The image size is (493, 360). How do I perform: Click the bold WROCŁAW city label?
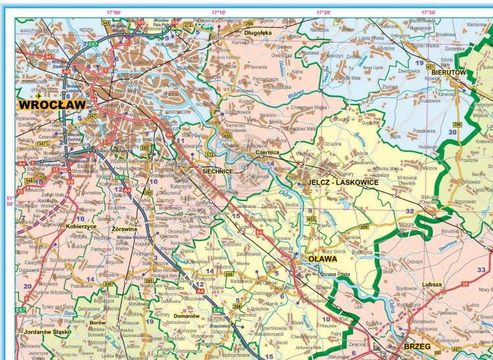[52, 104]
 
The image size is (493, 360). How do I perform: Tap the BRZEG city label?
[418, 346]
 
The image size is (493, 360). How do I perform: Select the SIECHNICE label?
[218, 171]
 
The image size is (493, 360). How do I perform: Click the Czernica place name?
[268, 152]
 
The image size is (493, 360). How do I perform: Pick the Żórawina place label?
[124, 229]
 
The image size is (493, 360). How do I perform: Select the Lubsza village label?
[433, 284]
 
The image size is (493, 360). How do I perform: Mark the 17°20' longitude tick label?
[323, 12]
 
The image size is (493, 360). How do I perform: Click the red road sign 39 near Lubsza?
[465, 284]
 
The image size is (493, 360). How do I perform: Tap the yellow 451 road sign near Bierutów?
[431, 67]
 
